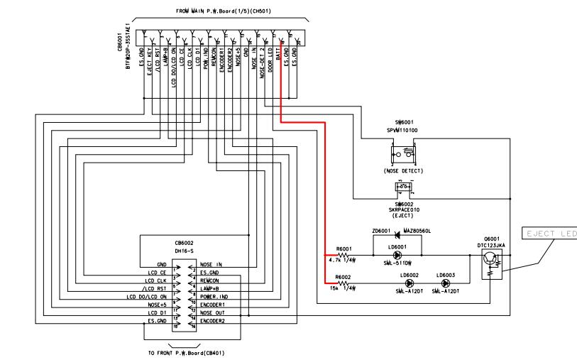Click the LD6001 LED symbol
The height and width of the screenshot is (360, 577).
(x=397, y=255)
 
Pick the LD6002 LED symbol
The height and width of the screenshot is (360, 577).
(x=409, y=283)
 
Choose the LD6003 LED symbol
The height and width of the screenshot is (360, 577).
(x=446, y=283)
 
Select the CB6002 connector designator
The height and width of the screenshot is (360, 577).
(x=185, y=242)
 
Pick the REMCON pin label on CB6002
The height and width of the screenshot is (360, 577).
(x=212, y=279)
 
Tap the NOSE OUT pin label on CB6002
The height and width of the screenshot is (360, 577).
(x=214, y=312)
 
